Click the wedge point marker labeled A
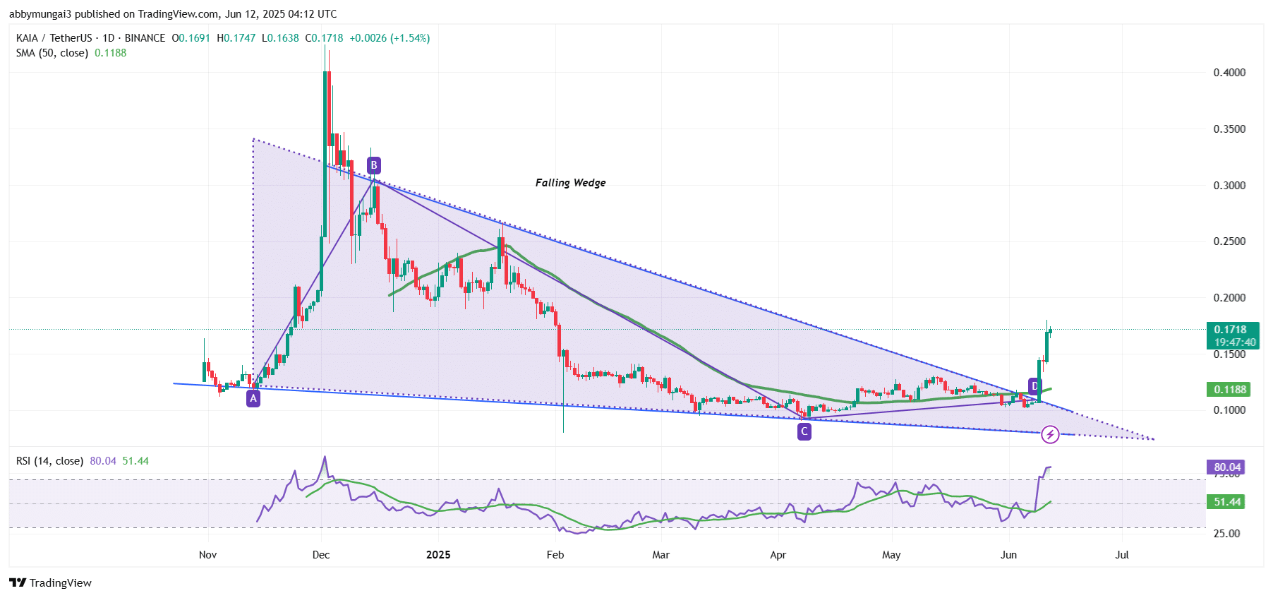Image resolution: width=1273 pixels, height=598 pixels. [x=253, y=399]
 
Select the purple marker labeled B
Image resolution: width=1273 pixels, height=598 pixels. [x=374, y=166]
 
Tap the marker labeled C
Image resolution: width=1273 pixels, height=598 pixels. [x=804, y=431]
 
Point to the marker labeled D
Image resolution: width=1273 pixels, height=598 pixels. [x=1034, y=386]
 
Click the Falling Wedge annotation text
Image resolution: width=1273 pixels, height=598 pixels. [x=570, y=183]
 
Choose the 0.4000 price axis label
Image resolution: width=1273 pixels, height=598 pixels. [x=1229, y=73]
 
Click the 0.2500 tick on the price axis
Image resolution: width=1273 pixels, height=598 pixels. [x=1229, y=241]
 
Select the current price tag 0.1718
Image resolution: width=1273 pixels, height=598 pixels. [x=1230, y=330]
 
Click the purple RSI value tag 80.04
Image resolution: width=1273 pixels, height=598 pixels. [x=1227, y=467]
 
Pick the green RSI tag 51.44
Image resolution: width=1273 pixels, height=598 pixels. [x=1227, y=502]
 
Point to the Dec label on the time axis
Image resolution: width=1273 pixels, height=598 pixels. [x=321, y=555]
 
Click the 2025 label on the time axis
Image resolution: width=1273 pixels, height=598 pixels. [x=438, y=555]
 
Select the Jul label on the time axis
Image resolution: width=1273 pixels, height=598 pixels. [x=1122, y=555]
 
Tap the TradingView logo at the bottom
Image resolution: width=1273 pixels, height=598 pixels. [x=51, y=582]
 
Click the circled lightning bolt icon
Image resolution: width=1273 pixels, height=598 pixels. [x=1050, y=435]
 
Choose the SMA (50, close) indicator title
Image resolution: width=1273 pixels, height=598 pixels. [x=52, y=53]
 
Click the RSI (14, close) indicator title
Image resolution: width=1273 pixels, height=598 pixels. [x=49, y=461]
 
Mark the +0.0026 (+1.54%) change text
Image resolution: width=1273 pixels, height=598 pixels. [x=390, y=38]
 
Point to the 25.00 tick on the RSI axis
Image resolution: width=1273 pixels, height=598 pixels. [x=1226, y=534]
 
